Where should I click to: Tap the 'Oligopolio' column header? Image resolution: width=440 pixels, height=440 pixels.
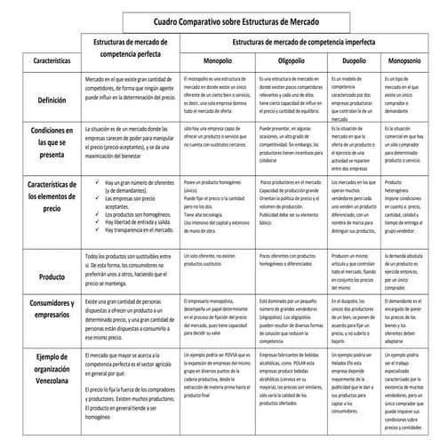pos(293,61)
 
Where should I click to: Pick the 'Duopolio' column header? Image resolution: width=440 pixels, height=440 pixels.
pos(356,61)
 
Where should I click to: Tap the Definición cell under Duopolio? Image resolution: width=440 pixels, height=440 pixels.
pos(356,97)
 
